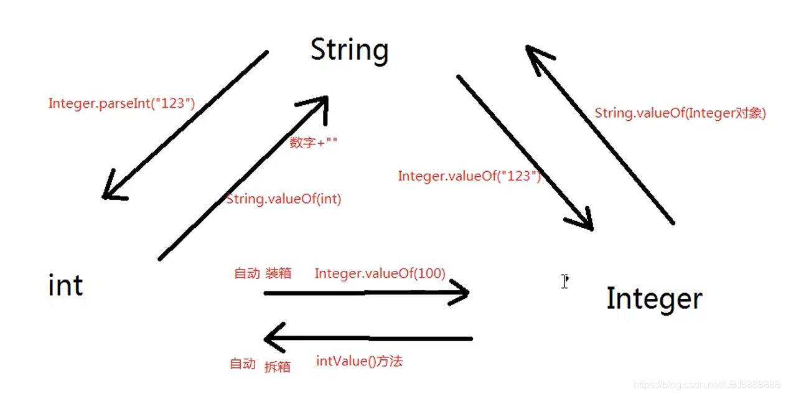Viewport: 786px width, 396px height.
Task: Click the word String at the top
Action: tap(349, 50)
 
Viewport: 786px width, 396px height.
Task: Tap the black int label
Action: tap(65, 286)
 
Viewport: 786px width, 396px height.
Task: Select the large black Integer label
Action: tap(654, 299)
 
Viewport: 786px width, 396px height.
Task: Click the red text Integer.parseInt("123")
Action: tap(121, 103)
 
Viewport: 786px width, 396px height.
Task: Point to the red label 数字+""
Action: tap(313, 142)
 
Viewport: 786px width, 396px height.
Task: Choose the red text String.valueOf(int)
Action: tap(283, 199)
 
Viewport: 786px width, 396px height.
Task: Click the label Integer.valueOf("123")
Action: tap(469, 176)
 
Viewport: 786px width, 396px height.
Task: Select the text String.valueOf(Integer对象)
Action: tap(680, 113)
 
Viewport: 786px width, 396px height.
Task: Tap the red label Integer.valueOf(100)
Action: tap(380, 273)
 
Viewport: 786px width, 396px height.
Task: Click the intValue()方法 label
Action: tap(359, 361)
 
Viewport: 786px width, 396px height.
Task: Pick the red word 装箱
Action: tap(278, 273)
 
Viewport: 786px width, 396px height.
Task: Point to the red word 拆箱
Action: tap(278, 366)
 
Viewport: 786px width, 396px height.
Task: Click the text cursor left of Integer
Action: tap(564, 281)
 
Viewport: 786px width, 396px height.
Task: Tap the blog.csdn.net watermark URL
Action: tap(706, 385)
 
